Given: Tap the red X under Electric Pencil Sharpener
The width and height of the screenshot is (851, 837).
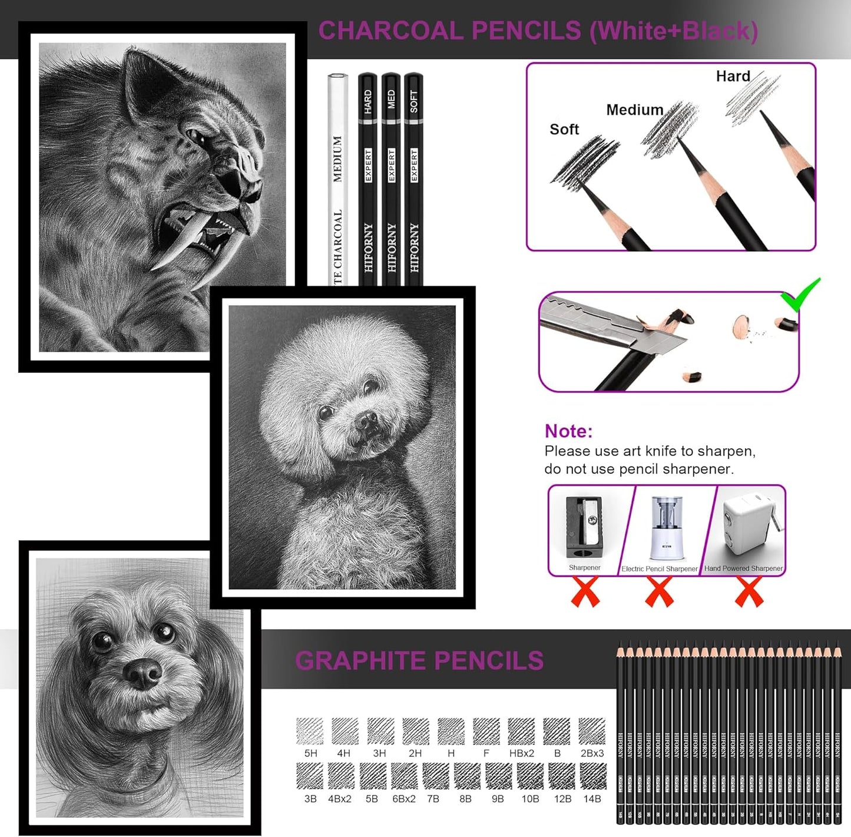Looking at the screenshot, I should pos(659,592).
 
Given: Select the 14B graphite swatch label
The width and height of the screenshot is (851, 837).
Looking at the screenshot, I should pos(592,799).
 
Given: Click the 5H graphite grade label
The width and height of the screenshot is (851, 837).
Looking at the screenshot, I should pos(310,753).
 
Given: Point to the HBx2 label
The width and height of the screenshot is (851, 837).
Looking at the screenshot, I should pos(521,753).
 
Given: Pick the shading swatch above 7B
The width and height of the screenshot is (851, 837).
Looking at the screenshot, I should pos(435,776).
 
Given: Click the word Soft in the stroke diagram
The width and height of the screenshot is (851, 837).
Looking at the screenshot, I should pos(564,129).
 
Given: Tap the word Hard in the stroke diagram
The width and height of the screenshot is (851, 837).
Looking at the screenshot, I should pos(733,76).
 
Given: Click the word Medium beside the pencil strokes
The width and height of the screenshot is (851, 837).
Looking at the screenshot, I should pos(634,110).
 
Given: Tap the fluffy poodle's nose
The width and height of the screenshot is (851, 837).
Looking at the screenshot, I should pos(366,420).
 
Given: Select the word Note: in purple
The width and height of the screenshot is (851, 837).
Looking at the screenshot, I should pos(568,431).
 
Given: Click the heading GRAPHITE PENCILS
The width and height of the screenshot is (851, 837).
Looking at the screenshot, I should pos(419,661).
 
